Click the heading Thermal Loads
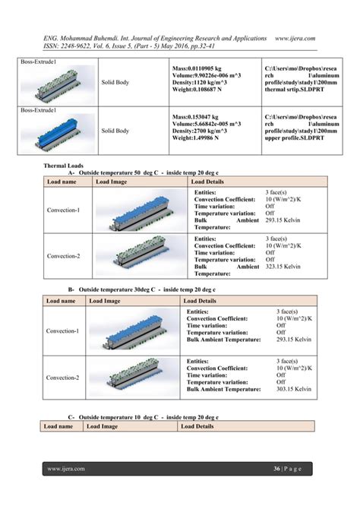(65, 166)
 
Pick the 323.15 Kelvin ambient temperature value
(286, 267)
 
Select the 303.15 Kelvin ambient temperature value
(293, 388)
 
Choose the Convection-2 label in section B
(61, 378)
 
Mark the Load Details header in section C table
(197, 427)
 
